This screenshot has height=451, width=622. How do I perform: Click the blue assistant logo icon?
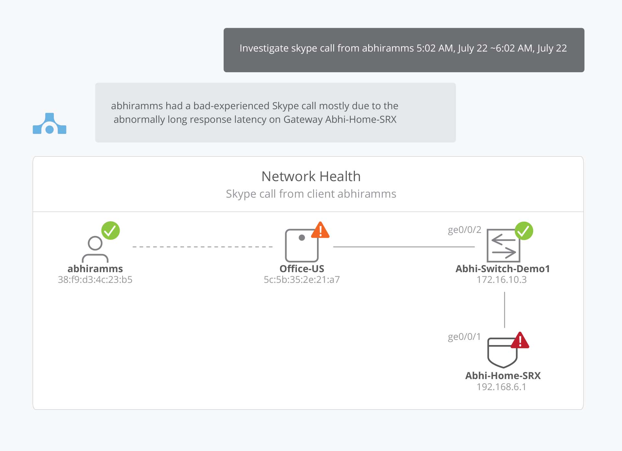point(50,124)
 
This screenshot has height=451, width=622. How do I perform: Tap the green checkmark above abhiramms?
point(111,230)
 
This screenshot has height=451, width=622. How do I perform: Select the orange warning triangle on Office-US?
point(320,231)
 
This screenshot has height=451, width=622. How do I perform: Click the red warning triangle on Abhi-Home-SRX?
point(520,341)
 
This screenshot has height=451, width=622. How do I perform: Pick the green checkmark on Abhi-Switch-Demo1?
point(524,231)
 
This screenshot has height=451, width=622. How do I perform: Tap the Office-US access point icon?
point(301,246)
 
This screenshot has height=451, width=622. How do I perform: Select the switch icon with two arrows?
point(503,246)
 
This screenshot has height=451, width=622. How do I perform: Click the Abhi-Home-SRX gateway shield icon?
point(502,353)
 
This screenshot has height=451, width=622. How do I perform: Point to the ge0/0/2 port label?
point(464,230)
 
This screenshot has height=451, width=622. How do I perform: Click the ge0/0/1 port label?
point(464,337)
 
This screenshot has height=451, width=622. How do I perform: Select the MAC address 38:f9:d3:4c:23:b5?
point(95,280)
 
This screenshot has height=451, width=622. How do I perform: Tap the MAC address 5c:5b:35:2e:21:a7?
point(301,280)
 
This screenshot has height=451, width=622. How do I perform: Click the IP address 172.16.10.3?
point(501,280)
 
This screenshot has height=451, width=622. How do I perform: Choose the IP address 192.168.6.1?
point(501,387)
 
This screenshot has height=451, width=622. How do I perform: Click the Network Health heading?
point(311,177)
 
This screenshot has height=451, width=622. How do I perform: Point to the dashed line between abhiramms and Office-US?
point(203,247)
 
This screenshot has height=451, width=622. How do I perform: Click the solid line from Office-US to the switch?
point(404,247)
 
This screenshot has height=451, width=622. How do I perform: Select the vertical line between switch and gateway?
point(504,310)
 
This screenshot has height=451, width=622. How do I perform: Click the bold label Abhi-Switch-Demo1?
point(502,269)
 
